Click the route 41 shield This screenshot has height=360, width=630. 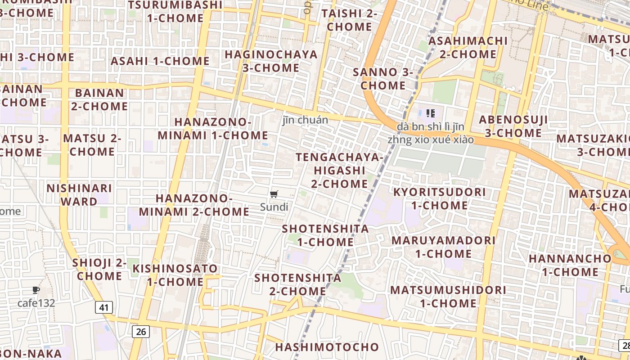pos(104,308)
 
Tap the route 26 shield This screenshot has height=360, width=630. pos(141,332)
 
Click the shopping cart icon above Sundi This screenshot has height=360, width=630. pos(274,194)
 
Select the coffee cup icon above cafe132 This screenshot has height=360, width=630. pos(36,290)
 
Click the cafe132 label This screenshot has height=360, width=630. pos(36,303)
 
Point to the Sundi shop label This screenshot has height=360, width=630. pos(274,207)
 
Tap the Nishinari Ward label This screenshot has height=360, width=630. pos(79,195)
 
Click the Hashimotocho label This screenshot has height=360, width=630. pos(327,347)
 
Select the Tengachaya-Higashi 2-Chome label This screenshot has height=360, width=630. pos(339,171)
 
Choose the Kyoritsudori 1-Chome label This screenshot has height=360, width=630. pos(439,199)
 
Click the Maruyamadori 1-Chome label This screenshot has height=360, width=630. pos(443,247)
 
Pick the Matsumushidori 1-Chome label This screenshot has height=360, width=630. pos(448,296)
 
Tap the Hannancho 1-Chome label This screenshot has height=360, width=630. pos(570,265)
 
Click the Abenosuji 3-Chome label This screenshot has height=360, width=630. pos(513,126)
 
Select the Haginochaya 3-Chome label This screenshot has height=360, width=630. pos(271,61)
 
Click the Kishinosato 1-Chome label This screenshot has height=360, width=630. pos(175,275)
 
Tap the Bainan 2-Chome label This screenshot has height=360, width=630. pos(99,100)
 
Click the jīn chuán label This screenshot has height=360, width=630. pos(305,120)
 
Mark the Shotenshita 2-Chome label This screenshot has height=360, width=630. pos(298,284)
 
